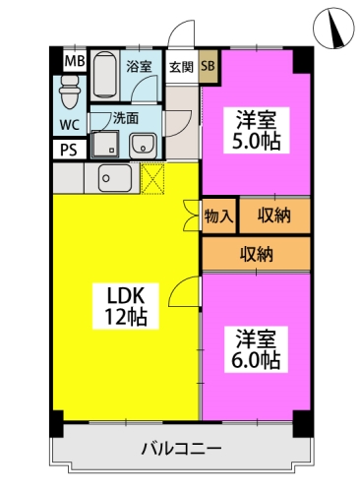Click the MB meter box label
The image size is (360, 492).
pyautogui.click(x=75, y=61)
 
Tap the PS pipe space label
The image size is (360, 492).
pyautogui.click(x=69, y=150)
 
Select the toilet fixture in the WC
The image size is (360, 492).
pyautogui.click(x=69, y=92)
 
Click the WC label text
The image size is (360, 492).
pyautogui.click(x=69, y=125)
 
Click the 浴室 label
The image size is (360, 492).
pyautogui.click(x=139, y=67)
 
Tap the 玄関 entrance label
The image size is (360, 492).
pyautogui.click(x=181, y=67)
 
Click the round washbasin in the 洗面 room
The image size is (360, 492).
pyautogui.click(x=143, y=146)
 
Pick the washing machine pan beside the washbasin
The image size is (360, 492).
pyautogui.click(x=105, y=144)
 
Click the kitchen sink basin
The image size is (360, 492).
pyautogui.click(x=115, y=178)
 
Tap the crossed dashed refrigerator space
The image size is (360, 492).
pyautogui.click(x=152, y=179)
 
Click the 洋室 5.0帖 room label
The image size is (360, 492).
pyautogui.click(x=257, y=130)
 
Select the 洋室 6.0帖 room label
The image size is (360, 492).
pyautogui.click(x=256, y=349)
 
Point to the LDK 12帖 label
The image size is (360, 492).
pyautogui.click(x=126, y=306)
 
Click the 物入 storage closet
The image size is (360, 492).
pyautogui.click(x=218, y=216)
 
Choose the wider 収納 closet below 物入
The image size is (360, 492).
pyautogui.click(x=256, y=254)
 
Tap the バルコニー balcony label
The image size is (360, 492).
pyautogui.click(x=181, y=449)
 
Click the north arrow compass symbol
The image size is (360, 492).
pyautogui.click(x=333, y=28)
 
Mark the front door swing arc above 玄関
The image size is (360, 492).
pyautogui.click(x=181, y=33)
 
